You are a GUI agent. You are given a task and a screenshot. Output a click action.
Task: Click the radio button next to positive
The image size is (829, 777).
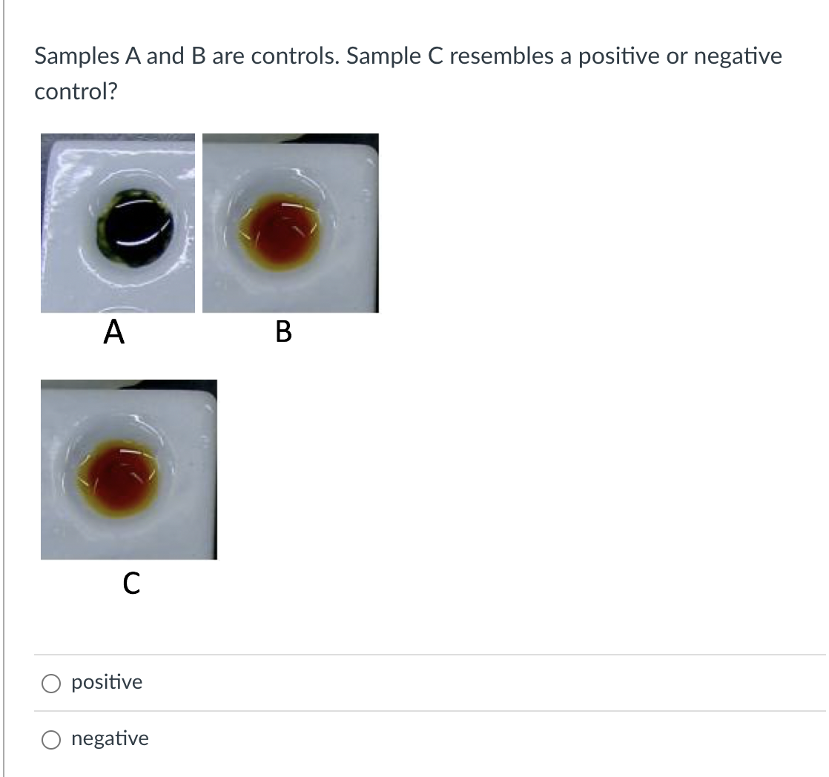tap(51, 683)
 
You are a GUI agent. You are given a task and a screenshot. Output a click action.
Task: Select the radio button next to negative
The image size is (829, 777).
tap(51, 739)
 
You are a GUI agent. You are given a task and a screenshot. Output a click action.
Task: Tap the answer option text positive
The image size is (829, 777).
tap(107, 682)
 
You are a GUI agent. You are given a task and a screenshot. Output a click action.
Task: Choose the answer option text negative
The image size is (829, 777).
tap(110, 738)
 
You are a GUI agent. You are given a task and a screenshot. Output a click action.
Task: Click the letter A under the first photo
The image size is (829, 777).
tap(113, 331)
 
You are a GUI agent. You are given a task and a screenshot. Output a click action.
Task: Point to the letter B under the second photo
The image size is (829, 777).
tap(283, 331)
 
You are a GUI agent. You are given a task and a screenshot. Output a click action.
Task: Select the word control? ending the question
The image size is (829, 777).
tap(76, 92)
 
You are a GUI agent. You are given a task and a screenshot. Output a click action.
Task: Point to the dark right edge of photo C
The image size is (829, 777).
tap(214, 475)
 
